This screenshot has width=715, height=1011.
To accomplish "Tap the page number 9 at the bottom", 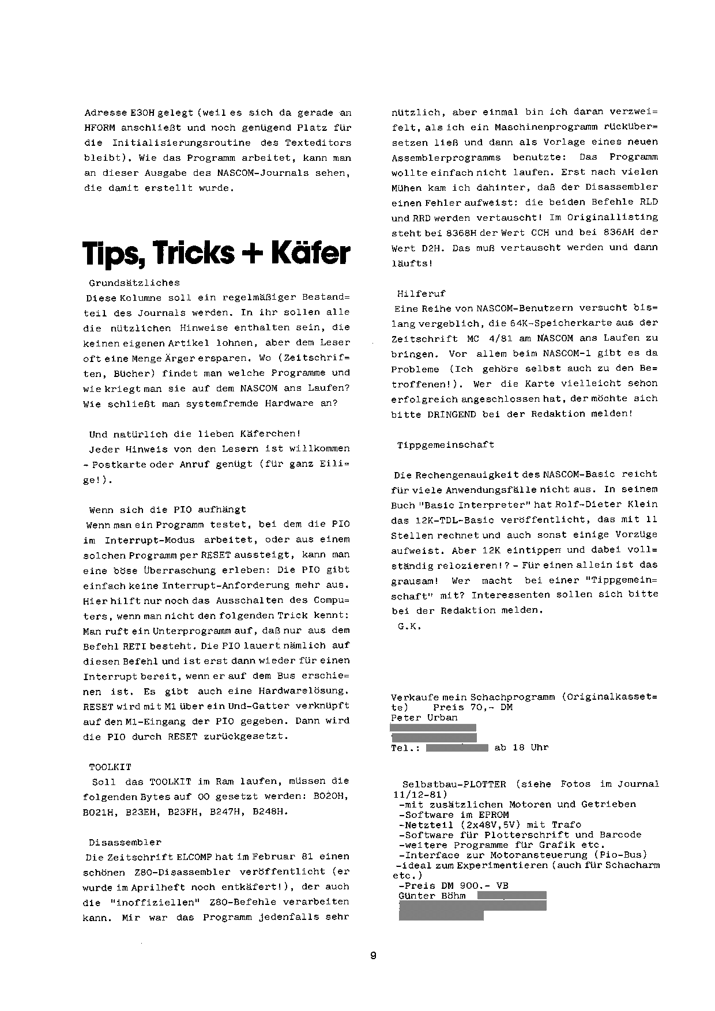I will click(x=373, y=955).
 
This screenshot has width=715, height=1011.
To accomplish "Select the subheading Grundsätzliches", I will click(x=134, y=283).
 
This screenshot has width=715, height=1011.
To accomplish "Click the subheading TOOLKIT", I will click(x=110, y=767).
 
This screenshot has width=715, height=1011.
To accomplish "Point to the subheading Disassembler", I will click(x=125, y=842).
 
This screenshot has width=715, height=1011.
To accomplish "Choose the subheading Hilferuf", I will click(x=422, y=293).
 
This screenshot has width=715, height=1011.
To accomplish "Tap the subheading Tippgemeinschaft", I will click(x=446, y=445).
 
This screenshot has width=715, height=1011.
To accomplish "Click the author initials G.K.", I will click(x=409, y=626).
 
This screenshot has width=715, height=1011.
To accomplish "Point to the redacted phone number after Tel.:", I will click(x=457, y=748).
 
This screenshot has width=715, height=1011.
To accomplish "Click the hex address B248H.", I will click(x=272, y=812).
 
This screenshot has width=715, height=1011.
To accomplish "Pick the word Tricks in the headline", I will click(x=186, y=253).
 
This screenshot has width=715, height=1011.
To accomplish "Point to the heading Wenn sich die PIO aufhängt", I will click(x=167, y=510).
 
